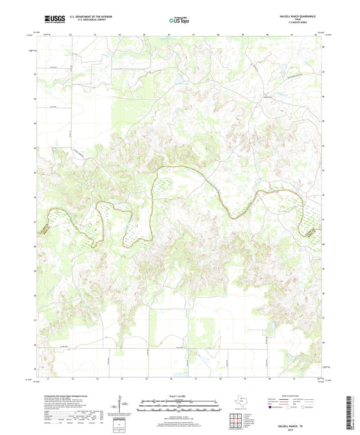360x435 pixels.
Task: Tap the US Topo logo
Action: coord(179,21)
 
